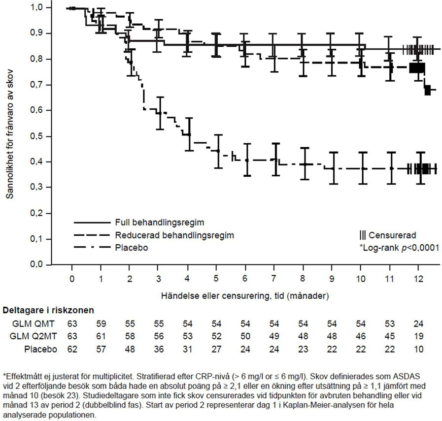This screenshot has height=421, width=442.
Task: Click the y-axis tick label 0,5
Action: (x=44, y=136)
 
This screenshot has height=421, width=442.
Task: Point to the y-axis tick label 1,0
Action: (x=44, y=8)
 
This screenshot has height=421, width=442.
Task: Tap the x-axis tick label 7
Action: (x=274, y=279)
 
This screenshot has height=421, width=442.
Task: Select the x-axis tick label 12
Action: (x=418, y=279)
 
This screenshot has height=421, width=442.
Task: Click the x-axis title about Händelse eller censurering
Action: (x=245, y=296)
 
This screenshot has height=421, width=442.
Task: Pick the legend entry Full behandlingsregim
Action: (x=153, y=222)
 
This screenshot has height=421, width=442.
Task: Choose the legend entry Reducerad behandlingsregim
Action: (x=174, y=235)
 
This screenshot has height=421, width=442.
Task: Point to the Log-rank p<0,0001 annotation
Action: (x=399, y=248)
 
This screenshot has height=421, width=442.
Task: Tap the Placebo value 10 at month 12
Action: (x=418, y=349)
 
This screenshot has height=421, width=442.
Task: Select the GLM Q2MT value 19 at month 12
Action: (x=418, y=337)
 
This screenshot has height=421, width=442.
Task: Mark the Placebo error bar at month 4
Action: (x=189, y=134)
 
